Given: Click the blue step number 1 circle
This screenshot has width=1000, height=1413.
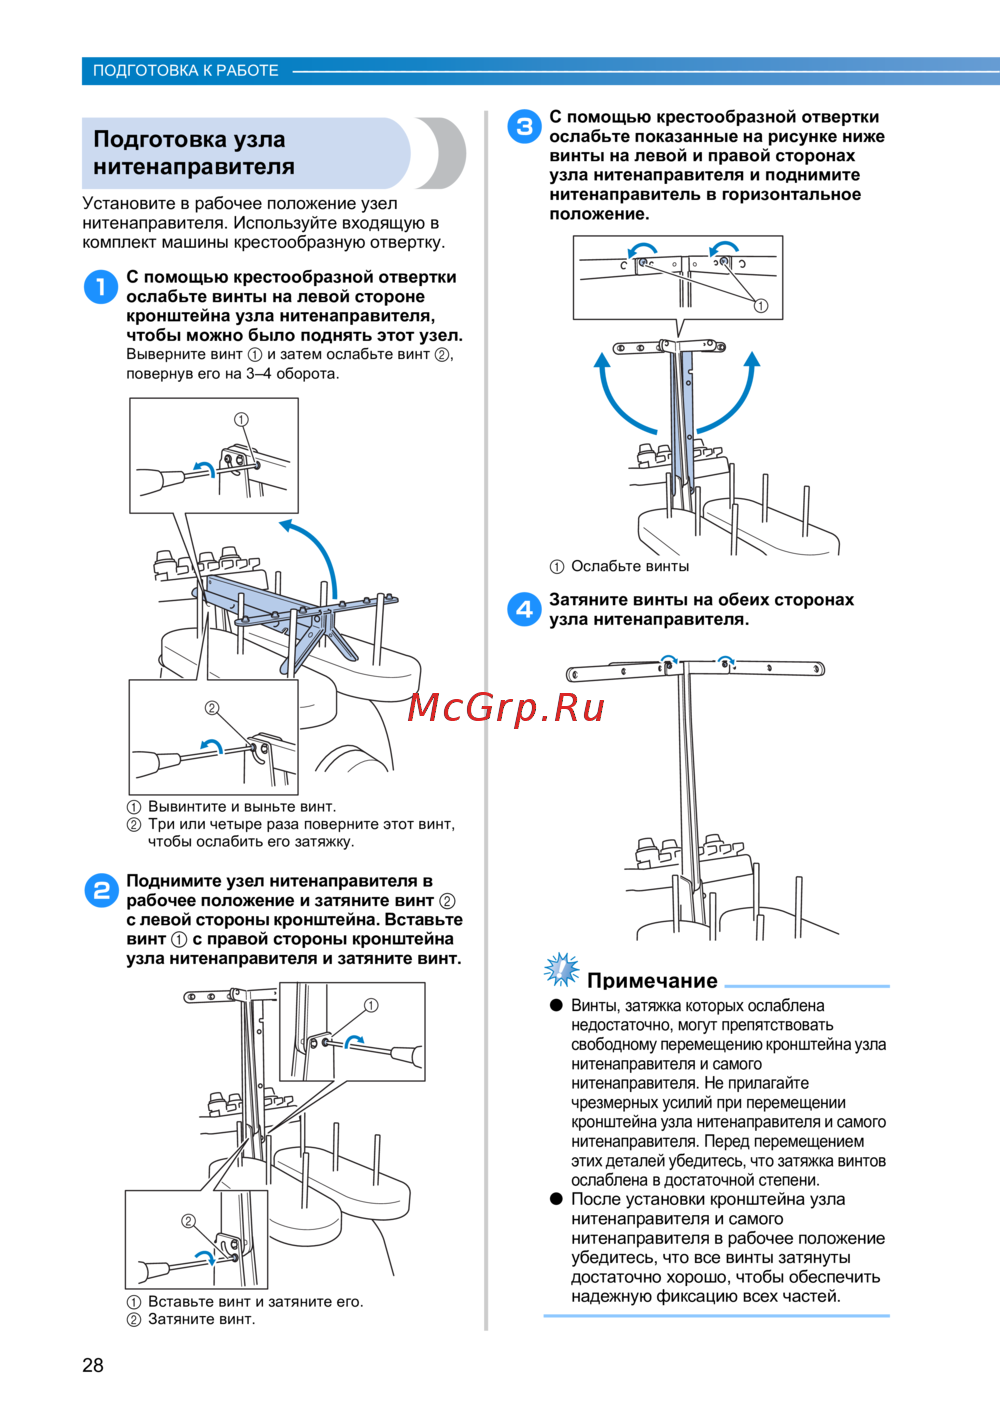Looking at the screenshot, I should tap(100, 287).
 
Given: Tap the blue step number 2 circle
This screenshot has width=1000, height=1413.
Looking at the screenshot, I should tap(101, 890).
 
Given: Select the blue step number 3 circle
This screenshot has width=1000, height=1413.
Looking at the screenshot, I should tap(524, 127).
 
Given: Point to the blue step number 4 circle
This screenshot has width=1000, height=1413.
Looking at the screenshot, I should tap(524, 609).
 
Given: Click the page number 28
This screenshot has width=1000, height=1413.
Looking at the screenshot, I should tap(93, 1365).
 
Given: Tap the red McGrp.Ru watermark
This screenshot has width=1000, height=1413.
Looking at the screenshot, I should tap(506, 708).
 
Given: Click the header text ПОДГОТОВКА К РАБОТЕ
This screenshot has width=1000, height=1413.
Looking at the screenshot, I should tap(186, 71).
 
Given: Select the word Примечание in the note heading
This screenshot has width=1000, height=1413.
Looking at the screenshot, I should tap(652, 980).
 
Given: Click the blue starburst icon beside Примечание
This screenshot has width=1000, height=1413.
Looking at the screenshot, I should tap(561, 970).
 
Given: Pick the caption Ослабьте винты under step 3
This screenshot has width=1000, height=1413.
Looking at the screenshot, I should tap(630, 566).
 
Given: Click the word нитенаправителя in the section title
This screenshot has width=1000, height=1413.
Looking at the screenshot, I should tap(194, 166).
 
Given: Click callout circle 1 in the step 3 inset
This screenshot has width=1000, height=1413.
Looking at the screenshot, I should tap(761, 306).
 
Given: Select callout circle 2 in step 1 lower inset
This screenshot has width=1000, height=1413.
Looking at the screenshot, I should tap(211, 708).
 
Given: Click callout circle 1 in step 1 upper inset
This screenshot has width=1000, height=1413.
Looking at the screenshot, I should tap(241, 419).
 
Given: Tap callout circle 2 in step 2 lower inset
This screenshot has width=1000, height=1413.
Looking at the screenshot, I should tap(188, 1221).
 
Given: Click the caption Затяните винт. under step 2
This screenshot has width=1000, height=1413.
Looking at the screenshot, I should tap(201, 1319).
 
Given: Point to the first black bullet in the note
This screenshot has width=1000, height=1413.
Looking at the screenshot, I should tap(557, 1005).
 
